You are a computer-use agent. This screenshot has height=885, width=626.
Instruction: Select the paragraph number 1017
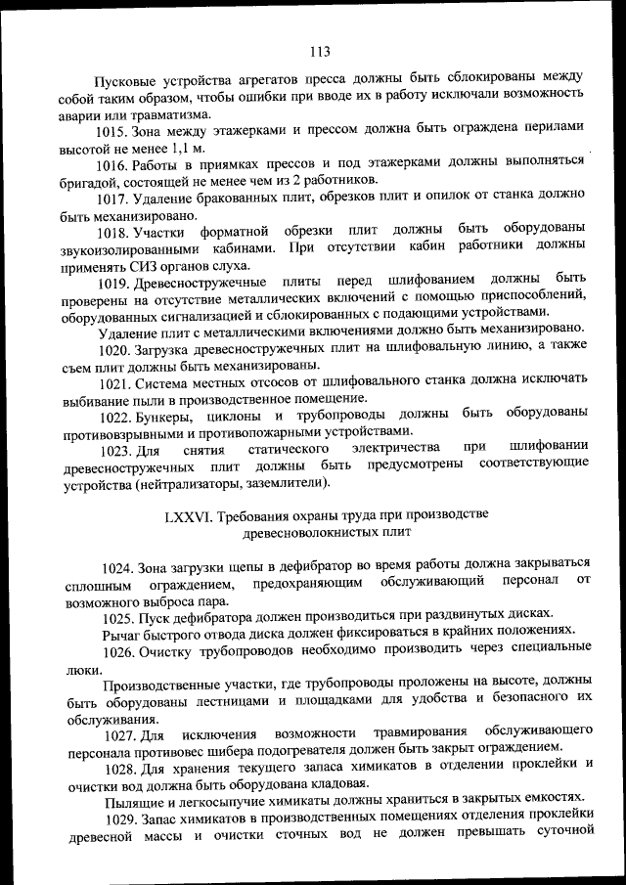pos(118,199)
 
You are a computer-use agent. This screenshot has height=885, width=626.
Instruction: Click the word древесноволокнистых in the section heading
pos(309,533)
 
